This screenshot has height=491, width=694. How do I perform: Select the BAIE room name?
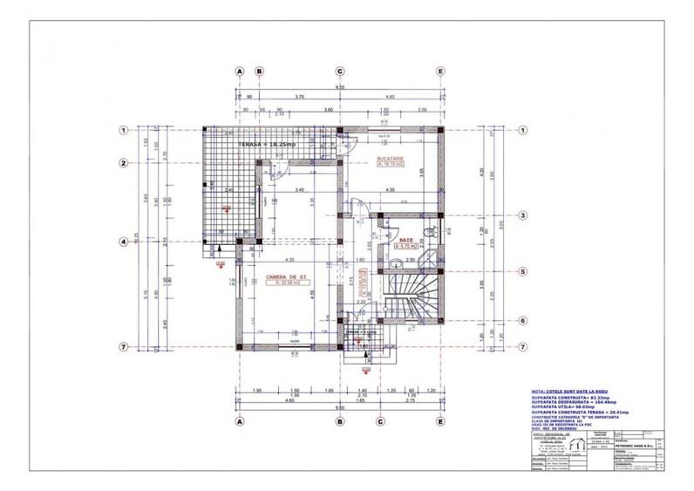[x=406, y=238]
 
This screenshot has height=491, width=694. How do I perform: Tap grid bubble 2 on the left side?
[x=125, y=163]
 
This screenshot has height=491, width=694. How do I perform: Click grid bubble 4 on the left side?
[x=125, y=242]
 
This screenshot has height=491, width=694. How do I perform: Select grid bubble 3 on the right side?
[x=523, y=215]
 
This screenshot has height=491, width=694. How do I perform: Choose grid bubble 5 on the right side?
[x=523, y=270]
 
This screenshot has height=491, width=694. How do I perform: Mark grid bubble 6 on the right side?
[x=523, y=320]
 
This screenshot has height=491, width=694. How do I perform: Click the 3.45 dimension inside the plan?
[x=299, y=189]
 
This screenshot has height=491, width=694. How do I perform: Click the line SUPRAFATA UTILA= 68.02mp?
[x=567, y=406]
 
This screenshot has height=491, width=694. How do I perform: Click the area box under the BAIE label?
[x=407, y=246]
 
